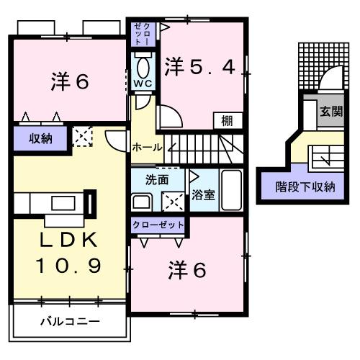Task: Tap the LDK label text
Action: [x=63, y=240]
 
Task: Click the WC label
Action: [x=141, y=84]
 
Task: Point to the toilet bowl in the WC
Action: [x=142, y=66]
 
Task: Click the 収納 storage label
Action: [x=41, y=138]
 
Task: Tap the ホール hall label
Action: [x=147, y=146]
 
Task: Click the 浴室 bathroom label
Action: [x=202, y=194]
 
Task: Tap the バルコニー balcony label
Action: [x=70, y=320]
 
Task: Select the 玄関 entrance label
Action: [x=331, y=112]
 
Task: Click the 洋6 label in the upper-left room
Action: [x=70, y=81]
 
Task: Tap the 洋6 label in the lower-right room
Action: [x=188, y=270]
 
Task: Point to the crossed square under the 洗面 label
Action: [x=173, y=200]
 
